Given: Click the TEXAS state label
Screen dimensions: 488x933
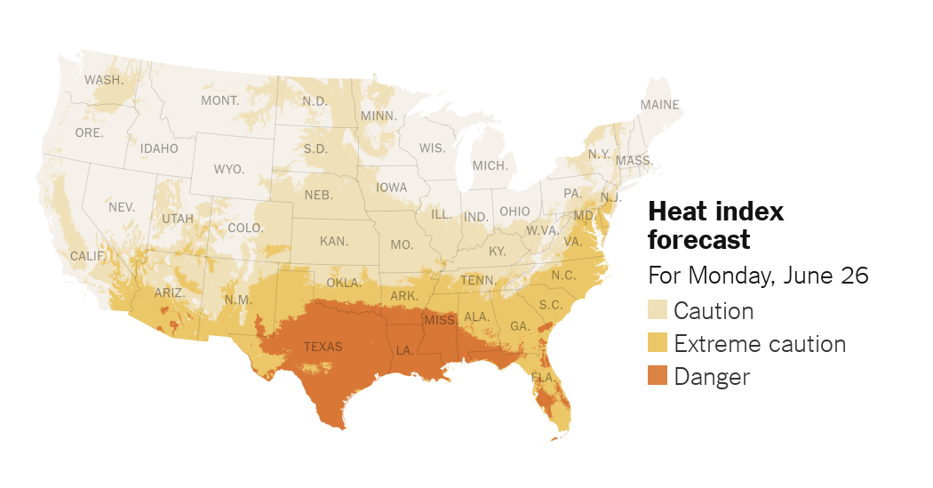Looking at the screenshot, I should (323, 347).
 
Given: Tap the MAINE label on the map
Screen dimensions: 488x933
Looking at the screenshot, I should (659, 105).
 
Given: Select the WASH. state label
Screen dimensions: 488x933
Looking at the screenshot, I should (104, 80).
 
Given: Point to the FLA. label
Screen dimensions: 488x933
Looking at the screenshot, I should (543, 377).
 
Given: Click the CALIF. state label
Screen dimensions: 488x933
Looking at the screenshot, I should (88, 256).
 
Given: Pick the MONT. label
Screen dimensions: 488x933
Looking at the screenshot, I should (219, 100).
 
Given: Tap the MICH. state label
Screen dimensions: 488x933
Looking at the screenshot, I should (490, 165).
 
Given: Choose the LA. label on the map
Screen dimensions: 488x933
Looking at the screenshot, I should (404, 350).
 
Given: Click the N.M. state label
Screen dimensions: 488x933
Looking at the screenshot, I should (238, 300).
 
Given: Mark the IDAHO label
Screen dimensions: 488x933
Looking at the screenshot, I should (159, 148).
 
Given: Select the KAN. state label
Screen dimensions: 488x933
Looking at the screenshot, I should (334, 241).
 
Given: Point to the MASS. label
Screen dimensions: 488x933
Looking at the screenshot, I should (634, 161).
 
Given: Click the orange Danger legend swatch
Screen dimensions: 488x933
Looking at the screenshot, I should (658, 376).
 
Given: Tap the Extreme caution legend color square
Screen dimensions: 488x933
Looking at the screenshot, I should (658, 343).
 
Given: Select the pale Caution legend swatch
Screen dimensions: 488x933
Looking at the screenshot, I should (658, 310).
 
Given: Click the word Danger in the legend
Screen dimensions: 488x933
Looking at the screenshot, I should (712, 376).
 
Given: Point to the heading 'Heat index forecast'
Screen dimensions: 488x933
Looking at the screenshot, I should (715, 225).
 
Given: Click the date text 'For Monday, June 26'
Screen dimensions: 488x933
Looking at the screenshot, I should (758, 276).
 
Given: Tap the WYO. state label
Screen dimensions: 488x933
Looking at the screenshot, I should (229, 169).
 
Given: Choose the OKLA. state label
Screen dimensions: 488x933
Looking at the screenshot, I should (344, 283).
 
